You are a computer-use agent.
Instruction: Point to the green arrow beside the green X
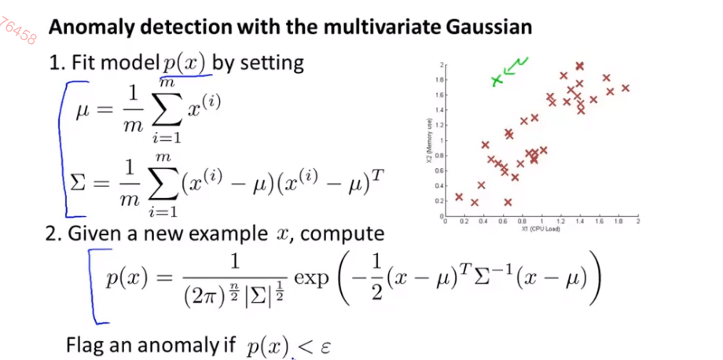click(x=515, y=68)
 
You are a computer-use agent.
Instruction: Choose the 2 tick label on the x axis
click(x=637, y=222)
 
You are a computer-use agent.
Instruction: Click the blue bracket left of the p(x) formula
click(x=97, y=285)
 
